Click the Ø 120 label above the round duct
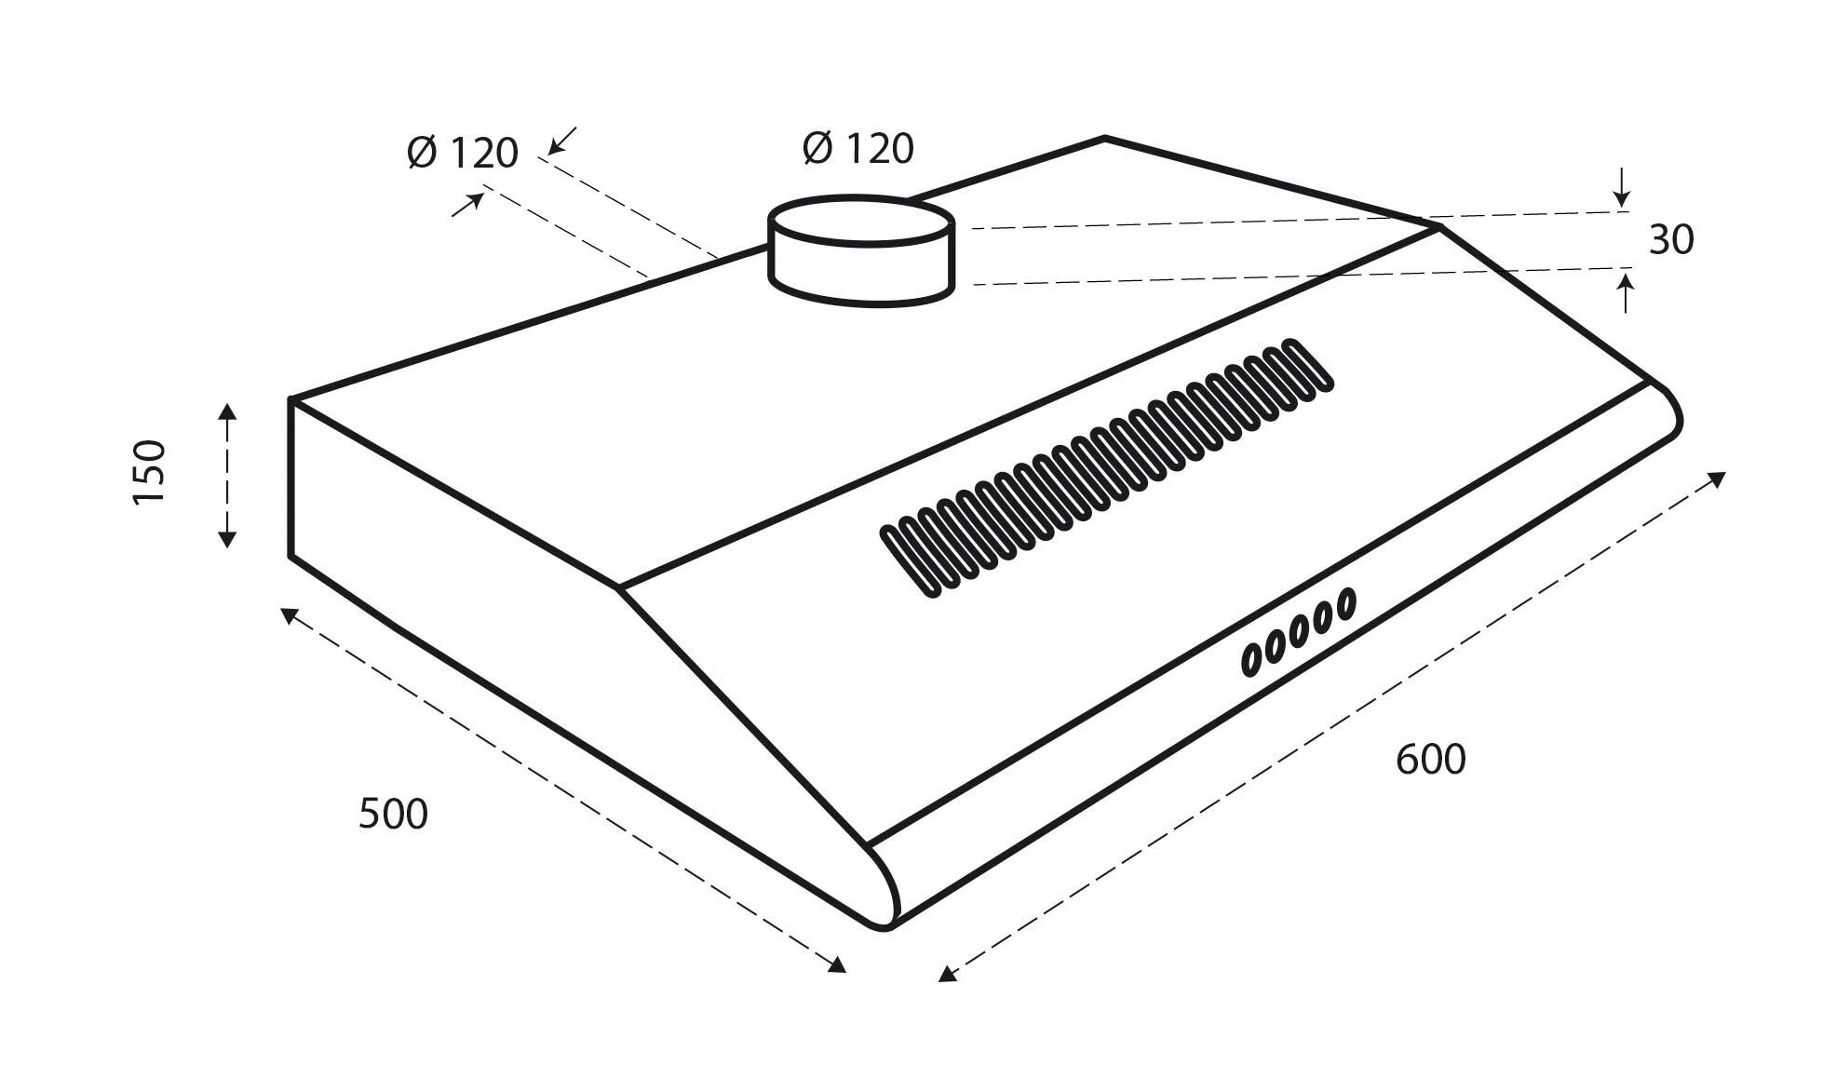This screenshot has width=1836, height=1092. point(857,149)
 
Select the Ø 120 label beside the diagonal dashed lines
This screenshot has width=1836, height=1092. point(463,153)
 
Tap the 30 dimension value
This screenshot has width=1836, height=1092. point(1671,240)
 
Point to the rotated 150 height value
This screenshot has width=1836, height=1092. point(150,472)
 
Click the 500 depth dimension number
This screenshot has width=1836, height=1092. point(393,814)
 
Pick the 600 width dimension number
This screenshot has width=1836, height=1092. point(1430,760)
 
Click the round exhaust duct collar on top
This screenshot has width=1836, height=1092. point(860,249)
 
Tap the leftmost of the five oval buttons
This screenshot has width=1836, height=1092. point(1253,658)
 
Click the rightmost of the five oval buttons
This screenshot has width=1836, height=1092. point(1345,604)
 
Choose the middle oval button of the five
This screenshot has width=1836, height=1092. point(1300,631)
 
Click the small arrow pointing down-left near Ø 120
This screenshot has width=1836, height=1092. point(561,142)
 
